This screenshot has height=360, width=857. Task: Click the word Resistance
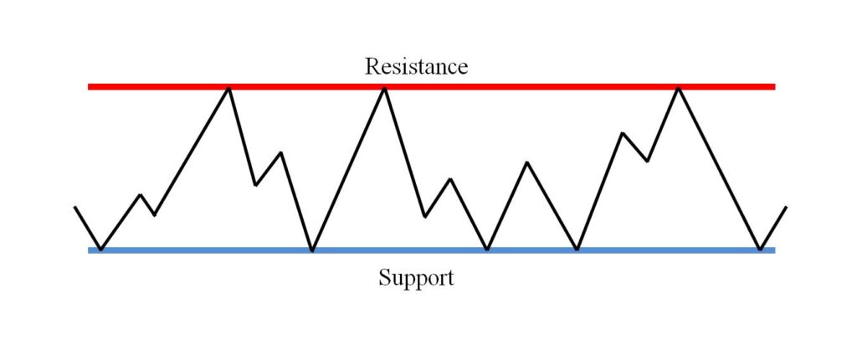pos(417,66)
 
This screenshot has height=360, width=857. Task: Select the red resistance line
pos(432,86)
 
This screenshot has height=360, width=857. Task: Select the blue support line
pos(432,250)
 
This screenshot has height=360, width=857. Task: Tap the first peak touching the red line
pos(229,88)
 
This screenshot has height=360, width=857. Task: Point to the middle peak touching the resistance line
pos(385,88)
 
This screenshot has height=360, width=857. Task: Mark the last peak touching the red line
pos(678,88)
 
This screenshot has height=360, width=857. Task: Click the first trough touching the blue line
pos(100,249)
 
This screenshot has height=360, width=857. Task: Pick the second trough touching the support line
pos(312,250)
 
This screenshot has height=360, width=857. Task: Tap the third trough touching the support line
pos(488,249)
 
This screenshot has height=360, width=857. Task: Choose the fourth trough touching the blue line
pos(577,249)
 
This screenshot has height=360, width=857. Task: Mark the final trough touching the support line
pos(760,249)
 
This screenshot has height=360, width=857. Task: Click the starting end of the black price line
pos(74,207)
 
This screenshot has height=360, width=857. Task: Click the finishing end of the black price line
pos(786,207)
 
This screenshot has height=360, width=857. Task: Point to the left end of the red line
pos(89,86)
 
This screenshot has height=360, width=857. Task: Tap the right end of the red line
pos(775,86)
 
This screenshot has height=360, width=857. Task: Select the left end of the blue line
pos(89,250)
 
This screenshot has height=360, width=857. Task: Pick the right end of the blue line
pos(775,250)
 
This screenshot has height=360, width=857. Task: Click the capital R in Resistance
pos(372,66)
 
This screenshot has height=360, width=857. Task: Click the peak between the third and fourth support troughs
pos(527,162)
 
